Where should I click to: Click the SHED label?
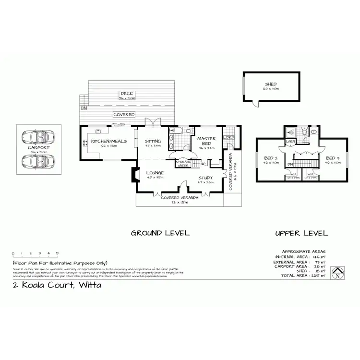click(271, 84)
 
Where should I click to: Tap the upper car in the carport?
click(38, 137)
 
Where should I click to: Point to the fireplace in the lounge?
click(134, 175)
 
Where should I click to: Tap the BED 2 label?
click(272, 158)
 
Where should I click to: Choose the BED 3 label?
click(333, 158)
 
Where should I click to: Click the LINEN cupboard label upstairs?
click(290, 142)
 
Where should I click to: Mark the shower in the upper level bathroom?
click(290, 132)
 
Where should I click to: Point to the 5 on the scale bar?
click(57, 253)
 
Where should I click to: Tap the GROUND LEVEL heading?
click(160, 233)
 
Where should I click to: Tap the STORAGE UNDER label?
click(183, 164)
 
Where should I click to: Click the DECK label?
click(127, 94)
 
